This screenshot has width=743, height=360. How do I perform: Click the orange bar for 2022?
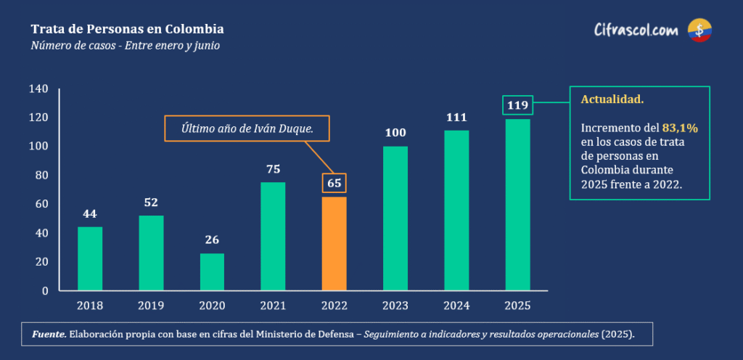click(x=334, y=243)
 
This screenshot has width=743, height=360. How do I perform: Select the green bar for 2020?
click(x=212, y=271)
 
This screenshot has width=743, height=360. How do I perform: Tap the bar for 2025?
click(x=517, y=205)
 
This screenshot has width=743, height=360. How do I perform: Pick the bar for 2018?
click(x=90, y=258)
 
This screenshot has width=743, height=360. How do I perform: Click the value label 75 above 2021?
click(x=273, y=169)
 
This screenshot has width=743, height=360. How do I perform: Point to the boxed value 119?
click(x=517, y=106)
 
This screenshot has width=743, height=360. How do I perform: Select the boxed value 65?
click(x=334, y=184)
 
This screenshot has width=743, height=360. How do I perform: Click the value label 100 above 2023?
click(x=395, y=133)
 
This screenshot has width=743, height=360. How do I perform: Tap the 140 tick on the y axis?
click(x=39, y=89)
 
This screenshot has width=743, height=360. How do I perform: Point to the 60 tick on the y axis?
click(x=42, y=204)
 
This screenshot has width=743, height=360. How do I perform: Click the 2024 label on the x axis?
click(x=456, y=306)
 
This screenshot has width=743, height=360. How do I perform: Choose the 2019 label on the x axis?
click(x=151, y=306)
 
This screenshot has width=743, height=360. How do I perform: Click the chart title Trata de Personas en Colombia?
click(x=127, y=29)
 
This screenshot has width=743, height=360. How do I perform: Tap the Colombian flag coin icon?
click(x=699, y=30)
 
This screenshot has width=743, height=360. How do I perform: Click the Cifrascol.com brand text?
click(x=636, y=30)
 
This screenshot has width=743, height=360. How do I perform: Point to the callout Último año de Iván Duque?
click(x=246, y=129)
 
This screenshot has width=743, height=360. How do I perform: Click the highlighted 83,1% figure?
click(x=680, y=128)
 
